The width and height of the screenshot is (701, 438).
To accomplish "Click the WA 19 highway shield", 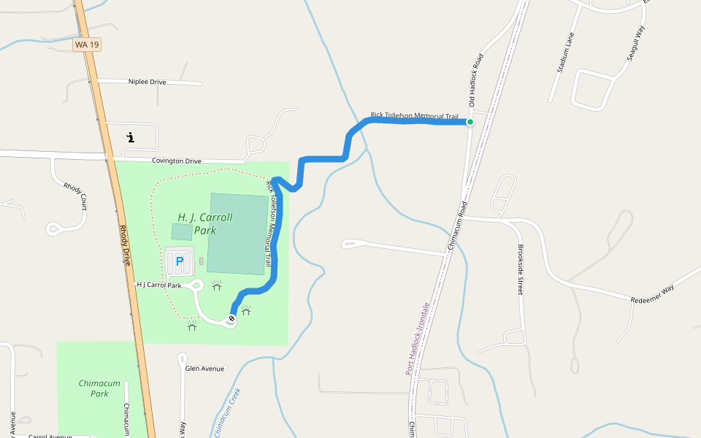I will pyautogui.click(x=87, y=45).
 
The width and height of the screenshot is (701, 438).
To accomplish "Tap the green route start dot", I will pyautogui.click(x=470, y=122).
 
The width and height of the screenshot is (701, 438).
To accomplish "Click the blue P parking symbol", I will pyautogui.click(x=179, y=261).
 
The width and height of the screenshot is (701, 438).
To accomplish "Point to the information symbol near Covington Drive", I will pyautogui.click(x=130, y=137).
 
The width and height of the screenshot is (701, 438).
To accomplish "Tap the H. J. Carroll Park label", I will pyautogui.click(x=205, y=223).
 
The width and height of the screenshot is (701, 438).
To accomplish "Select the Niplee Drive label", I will pyautogui.click(x=147, y=82).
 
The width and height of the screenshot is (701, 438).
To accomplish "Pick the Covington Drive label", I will pyautogui.click(x=176, y=161).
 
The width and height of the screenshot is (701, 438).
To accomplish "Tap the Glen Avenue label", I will pyautogui.click(x=204, y=369).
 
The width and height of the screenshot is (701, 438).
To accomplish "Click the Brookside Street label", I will pyautogui.click(x=520, y=269).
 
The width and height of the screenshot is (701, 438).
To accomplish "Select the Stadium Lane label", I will pyautogui.click(x=566, y=53).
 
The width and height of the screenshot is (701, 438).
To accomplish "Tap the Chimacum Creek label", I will pyautogui.click(x=226, y=413).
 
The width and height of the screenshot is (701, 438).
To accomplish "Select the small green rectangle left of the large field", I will pyautogui.click(x=183, y=231).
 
